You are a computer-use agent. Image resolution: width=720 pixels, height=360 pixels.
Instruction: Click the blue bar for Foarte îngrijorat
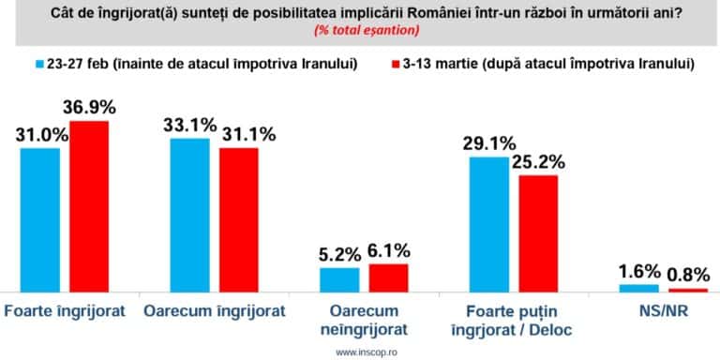point(39,220)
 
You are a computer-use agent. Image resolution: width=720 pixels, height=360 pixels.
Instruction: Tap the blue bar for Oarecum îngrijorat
point(190,216)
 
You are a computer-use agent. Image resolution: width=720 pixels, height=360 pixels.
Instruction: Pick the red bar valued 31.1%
point(238,220)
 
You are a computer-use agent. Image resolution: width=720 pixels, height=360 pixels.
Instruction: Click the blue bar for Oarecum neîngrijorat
point(339,280)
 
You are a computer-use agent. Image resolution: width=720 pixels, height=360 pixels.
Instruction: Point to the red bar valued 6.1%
point(388,278)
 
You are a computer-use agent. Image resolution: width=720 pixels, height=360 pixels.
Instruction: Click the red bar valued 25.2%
point(537,233)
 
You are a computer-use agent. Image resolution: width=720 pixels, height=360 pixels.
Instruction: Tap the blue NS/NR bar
point(638,289)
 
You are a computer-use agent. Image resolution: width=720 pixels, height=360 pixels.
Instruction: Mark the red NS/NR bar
point(686,291)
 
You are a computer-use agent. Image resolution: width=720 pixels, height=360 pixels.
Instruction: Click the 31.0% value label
point(39,134)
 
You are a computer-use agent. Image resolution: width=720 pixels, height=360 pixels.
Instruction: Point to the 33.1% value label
point(191,123)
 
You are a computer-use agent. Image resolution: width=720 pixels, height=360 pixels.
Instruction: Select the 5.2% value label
point(340,253)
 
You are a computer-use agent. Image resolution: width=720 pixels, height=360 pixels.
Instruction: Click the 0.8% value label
point(687,274)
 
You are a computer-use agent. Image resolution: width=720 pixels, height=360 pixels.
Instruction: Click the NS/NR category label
point(663,309)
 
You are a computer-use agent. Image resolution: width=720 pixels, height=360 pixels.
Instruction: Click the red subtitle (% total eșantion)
point(360,30)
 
